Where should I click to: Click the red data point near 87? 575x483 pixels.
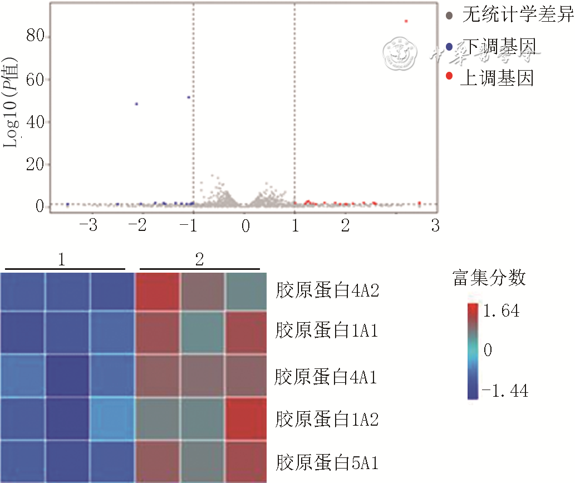(x=406, y=21)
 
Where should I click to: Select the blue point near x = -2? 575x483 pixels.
(x=136, y=104)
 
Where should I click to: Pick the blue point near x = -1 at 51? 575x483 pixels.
(x=189, y=97)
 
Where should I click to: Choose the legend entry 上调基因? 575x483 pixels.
(x=497, y=78)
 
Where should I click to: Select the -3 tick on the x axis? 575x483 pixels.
(x=89, y=225)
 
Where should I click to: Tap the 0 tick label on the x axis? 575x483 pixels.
(x=245, y=225)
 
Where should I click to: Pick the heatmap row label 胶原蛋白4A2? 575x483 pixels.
(x=327, y=290)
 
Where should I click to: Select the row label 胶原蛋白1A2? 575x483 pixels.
(x=327, y=419)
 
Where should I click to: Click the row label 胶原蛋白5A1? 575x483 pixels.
(x=327, y=462)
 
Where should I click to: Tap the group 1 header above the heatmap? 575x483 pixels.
(x=61, y=259)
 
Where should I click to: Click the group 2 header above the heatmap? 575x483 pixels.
(x=199, y=259)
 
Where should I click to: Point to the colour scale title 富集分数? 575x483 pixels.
(x=489, y=278)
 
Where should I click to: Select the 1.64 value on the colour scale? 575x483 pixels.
(x=502, y=310)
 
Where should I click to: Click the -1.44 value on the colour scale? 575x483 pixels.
(x=504, y=392)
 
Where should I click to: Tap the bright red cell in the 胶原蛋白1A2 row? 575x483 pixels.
(x=245, y=418)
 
